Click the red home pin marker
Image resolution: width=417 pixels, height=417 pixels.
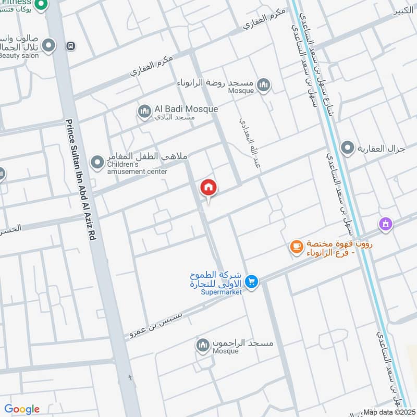[208, 188]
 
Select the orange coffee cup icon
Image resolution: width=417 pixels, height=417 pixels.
[296, 247]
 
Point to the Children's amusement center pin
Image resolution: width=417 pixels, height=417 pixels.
[96, 163]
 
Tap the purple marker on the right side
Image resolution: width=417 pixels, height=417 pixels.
[385, 224]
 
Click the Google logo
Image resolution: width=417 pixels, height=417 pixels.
[22, 409]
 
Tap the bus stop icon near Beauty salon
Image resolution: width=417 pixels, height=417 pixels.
[70, 46]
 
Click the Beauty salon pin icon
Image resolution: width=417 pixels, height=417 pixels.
[48, 46]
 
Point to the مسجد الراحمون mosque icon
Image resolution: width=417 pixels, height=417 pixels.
[203, 345]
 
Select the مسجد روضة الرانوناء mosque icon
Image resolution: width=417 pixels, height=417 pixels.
[264, 85]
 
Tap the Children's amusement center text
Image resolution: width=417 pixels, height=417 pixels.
[137, 168]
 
